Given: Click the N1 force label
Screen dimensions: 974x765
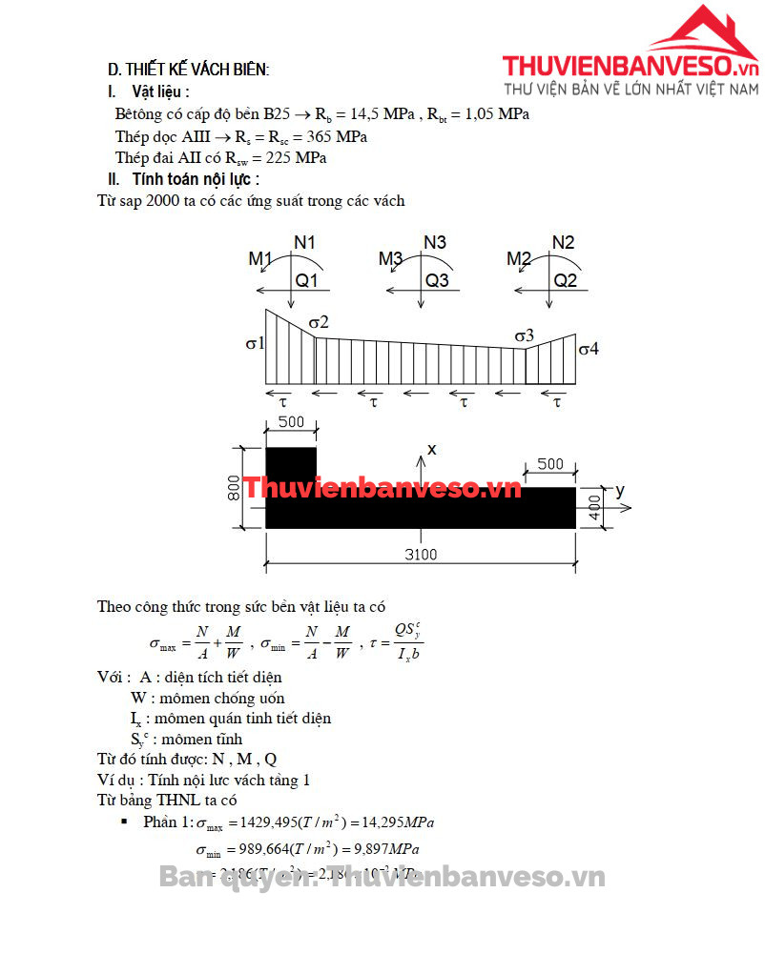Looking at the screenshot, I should point(304,242).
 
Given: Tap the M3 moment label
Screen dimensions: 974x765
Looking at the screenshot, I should point(391,258).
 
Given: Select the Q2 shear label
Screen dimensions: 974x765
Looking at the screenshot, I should point(566,280).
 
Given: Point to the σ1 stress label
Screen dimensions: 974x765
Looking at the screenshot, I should point(255,343).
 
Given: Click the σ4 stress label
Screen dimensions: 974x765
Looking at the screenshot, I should point(589,349).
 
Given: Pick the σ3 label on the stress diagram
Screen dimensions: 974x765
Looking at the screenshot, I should point(524,335).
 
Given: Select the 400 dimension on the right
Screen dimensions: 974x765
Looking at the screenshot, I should point(595,507).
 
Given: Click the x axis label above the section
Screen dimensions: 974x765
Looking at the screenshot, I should point(431,448).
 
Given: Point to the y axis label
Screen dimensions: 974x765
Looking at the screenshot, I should point(620,490).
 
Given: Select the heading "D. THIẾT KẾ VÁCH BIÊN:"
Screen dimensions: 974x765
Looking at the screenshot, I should point(188,70).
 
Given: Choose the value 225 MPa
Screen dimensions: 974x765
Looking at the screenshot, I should point(296,157).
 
